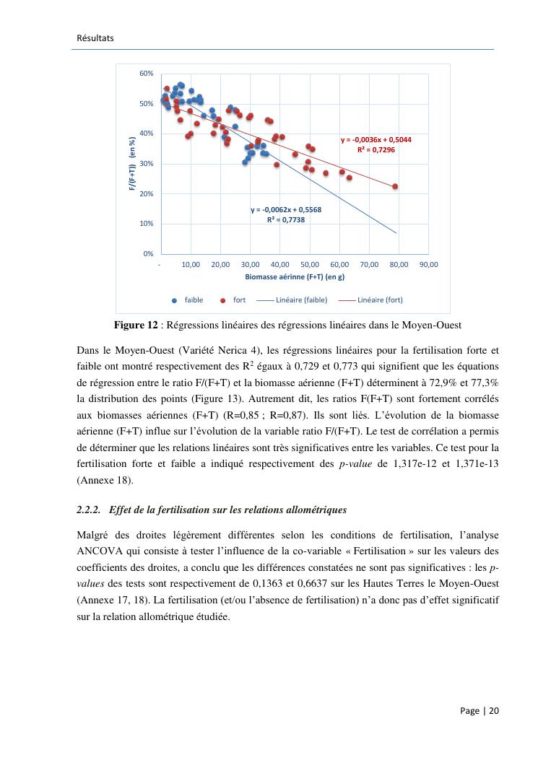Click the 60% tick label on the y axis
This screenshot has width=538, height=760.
point(147,74)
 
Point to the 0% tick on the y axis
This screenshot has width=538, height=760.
point(148,253)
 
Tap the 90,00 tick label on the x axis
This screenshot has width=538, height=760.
point(428,265)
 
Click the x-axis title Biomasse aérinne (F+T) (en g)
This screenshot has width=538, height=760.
point(294,276)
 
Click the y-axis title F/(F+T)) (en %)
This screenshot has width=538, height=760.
point(133,164)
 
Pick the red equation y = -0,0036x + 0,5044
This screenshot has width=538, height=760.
point(376,140)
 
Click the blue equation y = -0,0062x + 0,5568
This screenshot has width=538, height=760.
point(286,210)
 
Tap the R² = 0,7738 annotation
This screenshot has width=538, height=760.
point(286,219)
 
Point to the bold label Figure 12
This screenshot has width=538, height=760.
point(136,325)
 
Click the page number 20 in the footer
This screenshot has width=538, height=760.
point(494,711)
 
